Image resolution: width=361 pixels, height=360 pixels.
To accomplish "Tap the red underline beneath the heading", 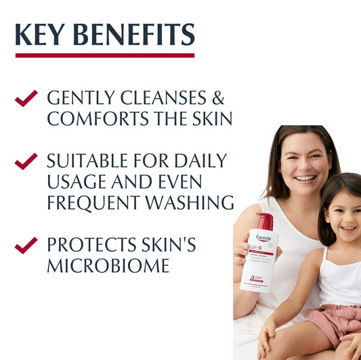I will tap(105, 55).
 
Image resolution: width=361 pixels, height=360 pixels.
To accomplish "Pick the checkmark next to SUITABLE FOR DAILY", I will tap(26, 160).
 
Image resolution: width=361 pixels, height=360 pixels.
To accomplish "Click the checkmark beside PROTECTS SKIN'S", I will tap(26, 244).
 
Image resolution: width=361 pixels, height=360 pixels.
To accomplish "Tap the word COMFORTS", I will tap(91, 119).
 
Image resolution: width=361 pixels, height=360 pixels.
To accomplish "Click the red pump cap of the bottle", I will tap(265, 221).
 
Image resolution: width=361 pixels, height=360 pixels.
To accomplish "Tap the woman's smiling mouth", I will tap(306, 178).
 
